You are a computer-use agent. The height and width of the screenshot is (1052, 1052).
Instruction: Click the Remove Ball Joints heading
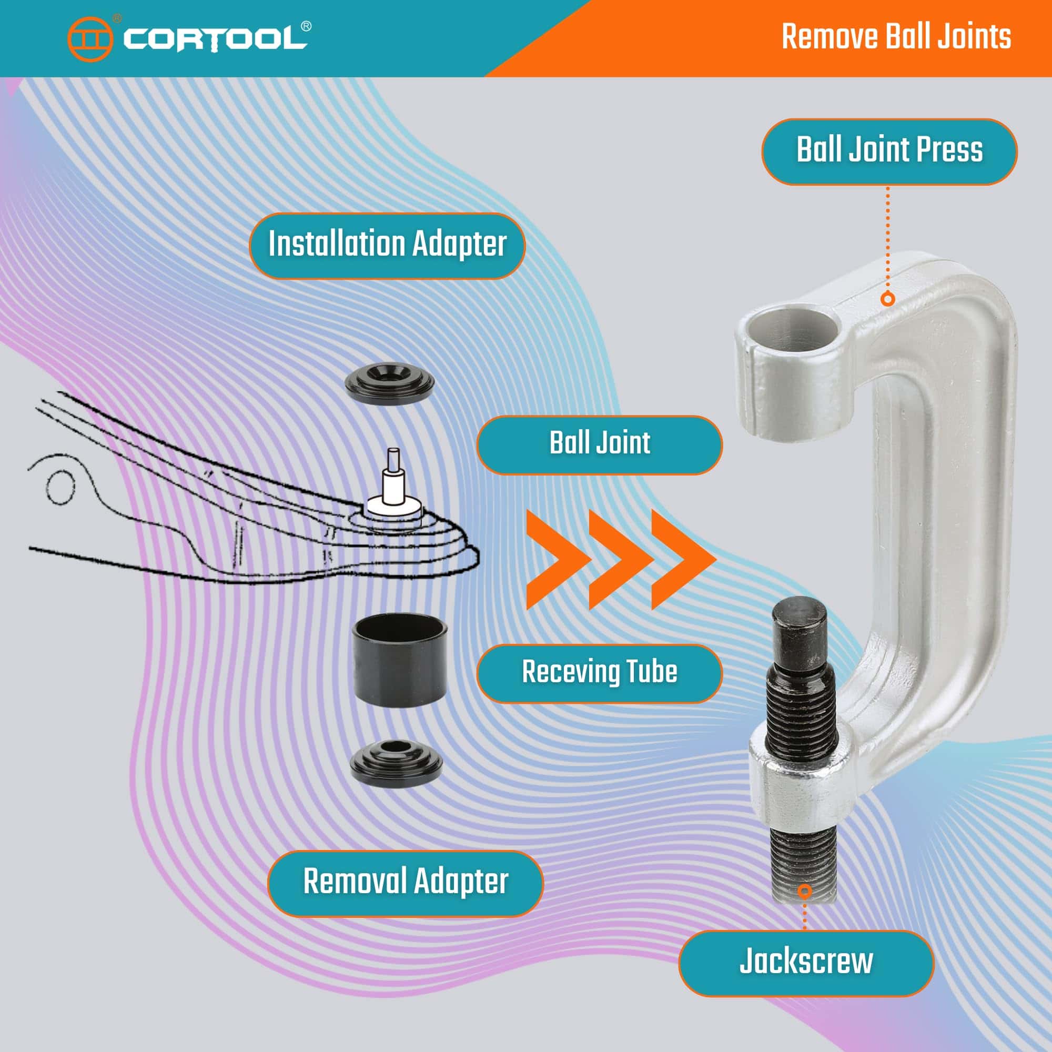coord(896,36)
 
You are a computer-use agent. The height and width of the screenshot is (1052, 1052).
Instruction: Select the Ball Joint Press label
coord(889,151)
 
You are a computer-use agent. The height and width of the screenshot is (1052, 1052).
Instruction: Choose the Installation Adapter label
coord(387,246)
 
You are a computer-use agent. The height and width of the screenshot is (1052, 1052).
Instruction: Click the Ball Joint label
coord(600,445)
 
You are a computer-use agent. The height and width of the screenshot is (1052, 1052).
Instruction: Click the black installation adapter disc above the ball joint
coord(390,384)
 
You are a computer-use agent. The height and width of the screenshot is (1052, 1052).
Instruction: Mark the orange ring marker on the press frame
coord(887,299)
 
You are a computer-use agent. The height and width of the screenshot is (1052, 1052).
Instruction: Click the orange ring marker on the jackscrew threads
coord(805,891)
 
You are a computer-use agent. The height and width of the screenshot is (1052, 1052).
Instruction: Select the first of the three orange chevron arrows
coord(554,559)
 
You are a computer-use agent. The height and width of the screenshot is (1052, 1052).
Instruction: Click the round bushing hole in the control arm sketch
coord(60,486)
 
